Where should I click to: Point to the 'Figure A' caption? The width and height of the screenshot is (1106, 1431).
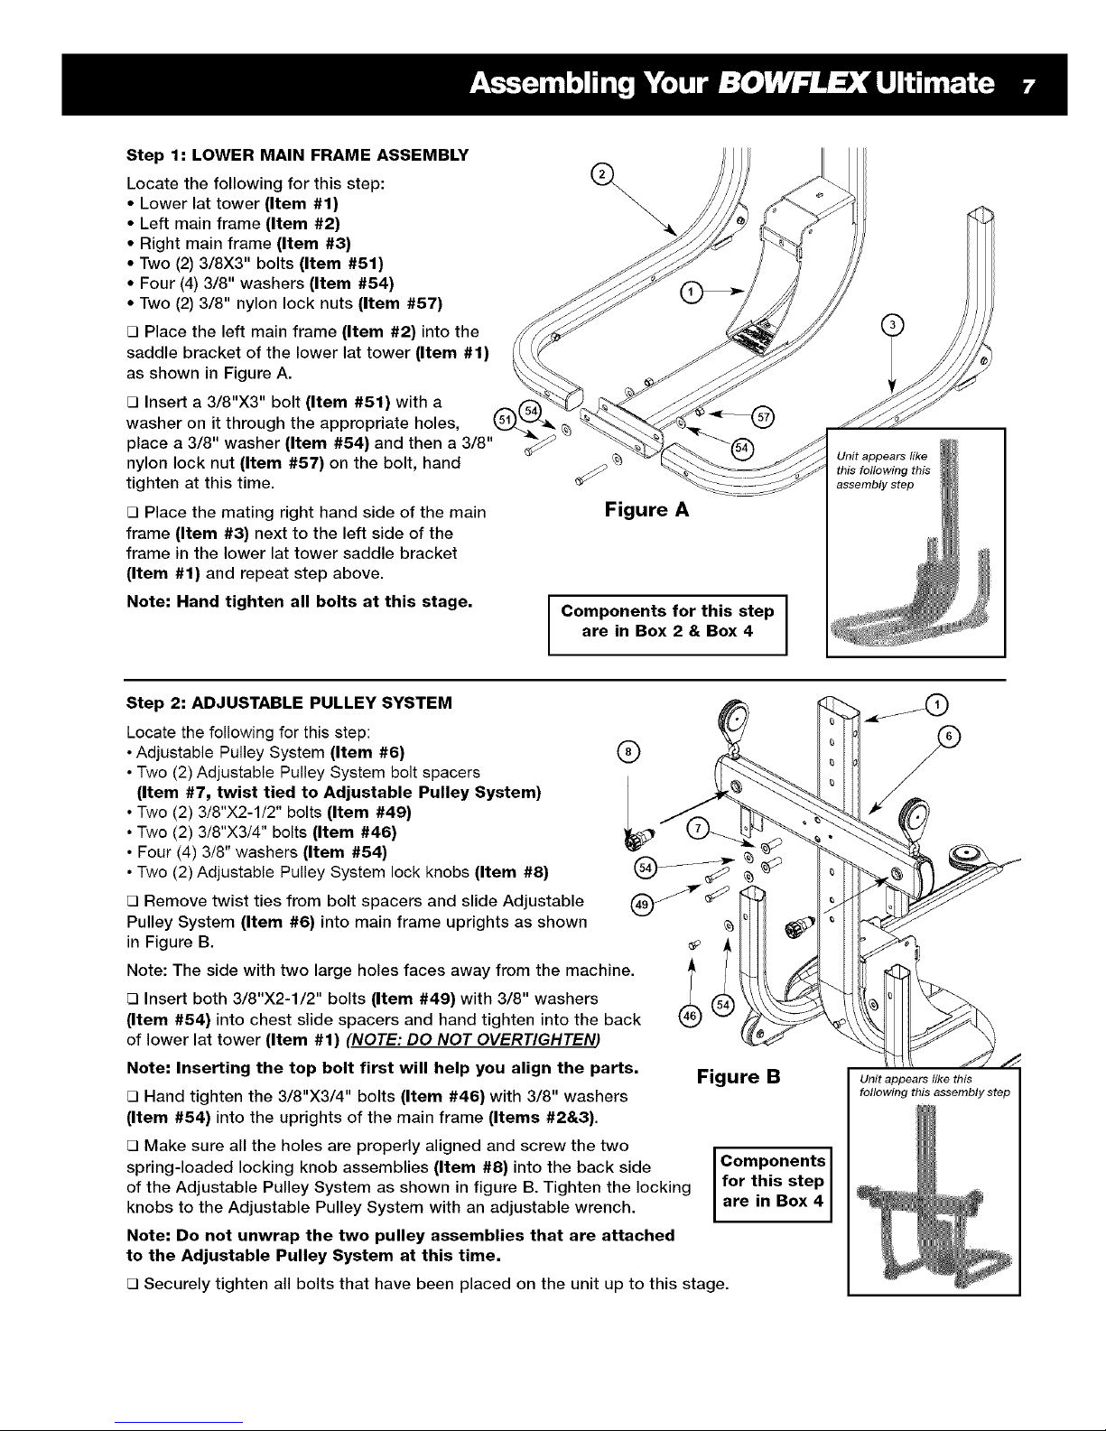[646, 510]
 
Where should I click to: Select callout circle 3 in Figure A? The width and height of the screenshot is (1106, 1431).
[892, 326]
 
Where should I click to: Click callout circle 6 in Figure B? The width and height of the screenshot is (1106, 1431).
[950, 736]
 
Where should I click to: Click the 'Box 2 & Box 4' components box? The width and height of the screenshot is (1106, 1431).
[668, 622]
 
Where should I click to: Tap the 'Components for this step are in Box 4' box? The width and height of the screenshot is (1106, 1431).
[772, 1181]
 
